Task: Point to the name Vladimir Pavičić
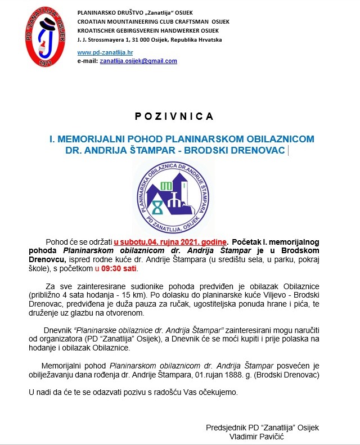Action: (262, 436)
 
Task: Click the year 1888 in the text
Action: (243, 374)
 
